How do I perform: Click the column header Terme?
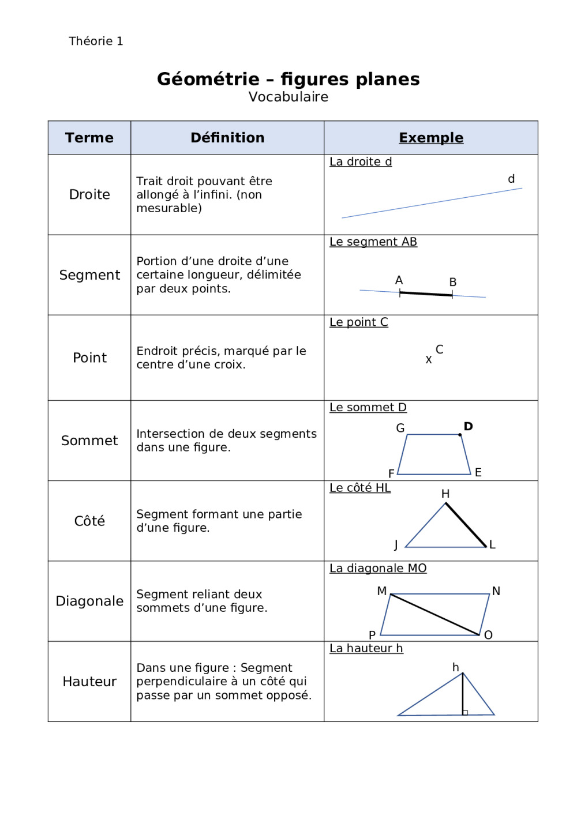click(x=89, y=138)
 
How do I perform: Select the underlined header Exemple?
click(x=431, y=138)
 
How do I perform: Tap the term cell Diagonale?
click(x=89, y=601)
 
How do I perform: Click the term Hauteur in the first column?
click(x=89, y=682)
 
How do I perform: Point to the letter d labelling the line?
click(x=511, y=179)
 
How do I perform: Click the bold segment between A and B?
click(x=426, y=294)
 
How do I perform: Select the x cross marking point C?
click(x=429, y=360)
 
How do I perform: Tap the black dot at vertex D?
click(x=460, y=435)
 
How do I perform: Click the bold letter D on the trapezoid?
click(x=468, y=427)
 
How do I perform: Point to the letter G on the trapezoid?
click(x=400, y=428)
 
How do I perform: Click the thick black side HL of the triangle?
click(x=466, y=525)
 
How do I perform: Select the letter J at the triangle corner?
click(x=396, y=545)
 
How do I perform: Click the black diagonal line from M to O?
click(x=435, y=615)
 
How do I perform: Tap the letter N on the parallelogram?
click(x=496, y=591)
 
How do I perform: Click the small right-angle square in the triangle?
click(x=465, y=713)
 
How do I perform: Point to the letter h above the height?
click(x=456, y=667)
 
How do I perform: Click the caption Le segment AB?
click(x=373, y=242)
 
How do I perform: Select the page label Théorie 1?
click(x=96, y=41)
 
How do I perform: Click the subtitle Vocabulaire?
click(x=288, y=97)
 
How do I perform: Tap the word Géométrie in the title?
click(x=208, y=79)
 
